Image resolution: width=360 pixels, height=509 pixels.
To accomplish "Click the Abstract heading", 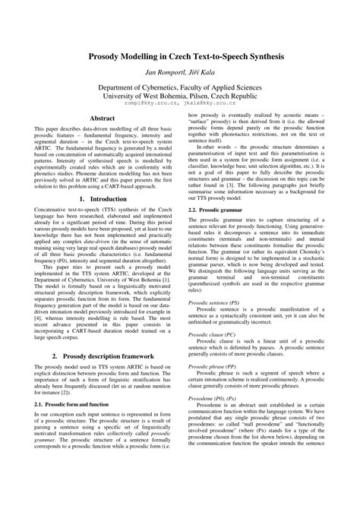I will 103,119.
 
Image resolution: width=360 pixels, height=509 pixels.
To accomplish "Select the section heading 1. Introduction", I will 103,220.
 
